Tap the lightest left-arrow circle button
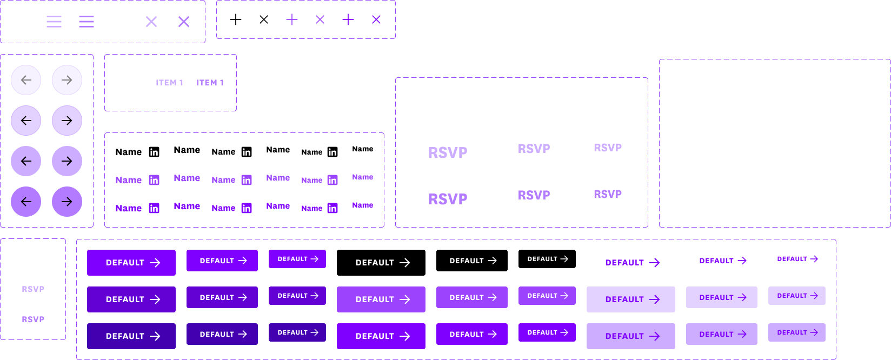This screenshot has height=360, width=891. click(x=26, y=80)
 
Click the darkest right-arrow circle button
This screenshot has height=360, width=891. click(x=67, y=202)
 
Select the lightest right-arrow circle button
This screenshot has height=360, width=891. click(x=67, y=80)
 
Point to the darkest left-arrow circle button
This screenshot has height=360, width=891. click(x=26, y=202)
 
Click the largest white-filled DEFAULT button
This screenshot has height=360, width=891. click(x=630, y=263)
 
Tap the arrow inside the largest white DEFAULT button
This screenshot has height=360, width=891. click(x=655, y=263)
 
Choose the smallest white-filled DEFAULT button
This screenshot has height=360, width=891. click(x=796, y=259)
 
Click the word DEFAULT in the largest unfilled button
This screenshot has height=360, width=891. click(x=375, y=263)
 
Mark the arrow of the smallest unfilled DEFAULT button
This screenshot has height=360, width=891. click(x=564, y=259)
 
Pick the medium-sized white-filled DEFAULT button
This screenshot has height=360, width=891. click(x=721, y=261)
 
